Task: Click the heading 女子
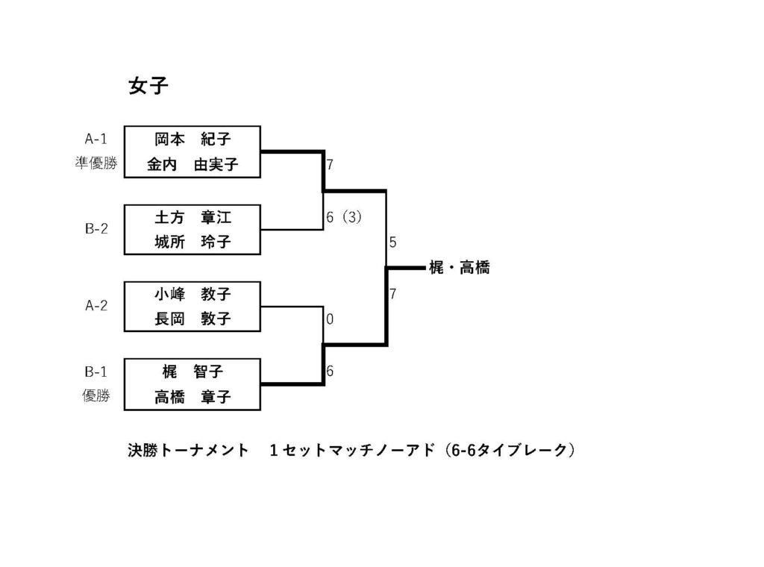(148, 87)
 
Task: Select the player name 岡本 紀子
(192, 140)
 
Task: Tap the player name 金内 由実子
(192, 164)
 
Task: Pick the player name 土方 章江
(192, 217)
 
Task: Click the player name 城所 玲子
(192, 242)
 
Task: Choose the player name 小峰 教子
(192, 294)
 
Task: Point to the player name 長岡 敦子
(192, 319)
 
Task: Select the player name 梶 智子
(192, 372)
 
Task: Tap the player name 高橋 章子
(192, 396)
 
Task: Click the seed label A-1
(96, 140)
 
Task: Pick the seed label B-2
(96, 228)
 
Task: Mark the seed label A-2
(96, 305)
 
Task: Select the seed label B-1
(96, 372)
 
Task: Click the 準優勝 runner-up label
(96, 163)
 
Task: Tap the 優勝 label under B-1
(96, 395)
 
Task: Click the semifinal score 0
(330, 319)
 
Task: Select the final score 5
(392, 242)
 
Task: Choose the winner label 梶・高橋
(460, 267)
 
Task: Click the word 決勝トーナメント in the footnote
(188, 450)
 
